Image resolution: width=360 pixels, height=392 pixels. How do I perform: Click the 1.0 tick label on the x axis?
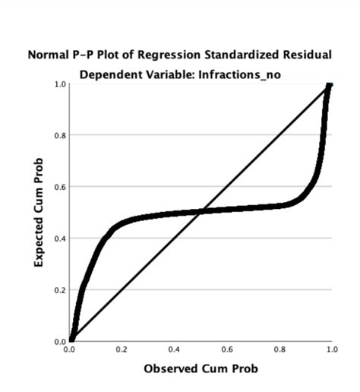[x=331, y=351]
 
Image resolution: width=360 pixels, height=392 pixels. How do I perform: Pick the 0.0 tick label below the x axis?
[x=70, y=349]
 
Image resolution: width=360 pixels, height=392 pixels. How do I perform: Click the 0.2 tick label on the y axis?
[x=59, y=289]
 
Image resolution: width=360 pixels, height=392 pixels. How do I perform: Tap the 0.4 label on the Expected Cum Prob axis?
[x=59, y=238]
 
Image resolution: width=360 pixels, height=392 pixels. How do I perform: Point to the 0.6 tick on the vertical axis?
[x=59, y=187]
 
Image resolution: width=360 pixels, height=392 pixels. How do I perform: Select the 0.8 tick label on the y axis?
[x=59, y=135]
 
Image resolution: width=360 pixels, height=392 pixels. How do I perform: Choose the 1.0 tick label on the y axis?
[x=59, y=84]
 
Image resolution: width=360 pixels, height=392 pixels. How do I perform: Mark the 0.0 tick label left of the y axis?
[x=59, y=341]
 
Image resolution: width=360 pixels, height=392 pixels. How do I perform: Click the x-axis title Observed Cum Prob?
[x=201, y=369]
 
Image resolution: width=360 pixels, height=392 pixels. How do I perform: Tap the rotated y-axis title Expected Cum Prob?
[x=38, y=213]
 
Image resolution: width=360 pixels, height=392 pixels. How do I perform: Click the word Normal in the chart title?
[x=47, y=55]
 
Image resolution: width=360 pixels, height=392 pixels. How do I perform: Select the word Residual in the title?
[x=307, y=55]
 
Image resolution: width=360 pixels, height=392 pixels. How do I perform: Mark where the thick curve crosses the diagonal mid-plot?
[x=201, y=213]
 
